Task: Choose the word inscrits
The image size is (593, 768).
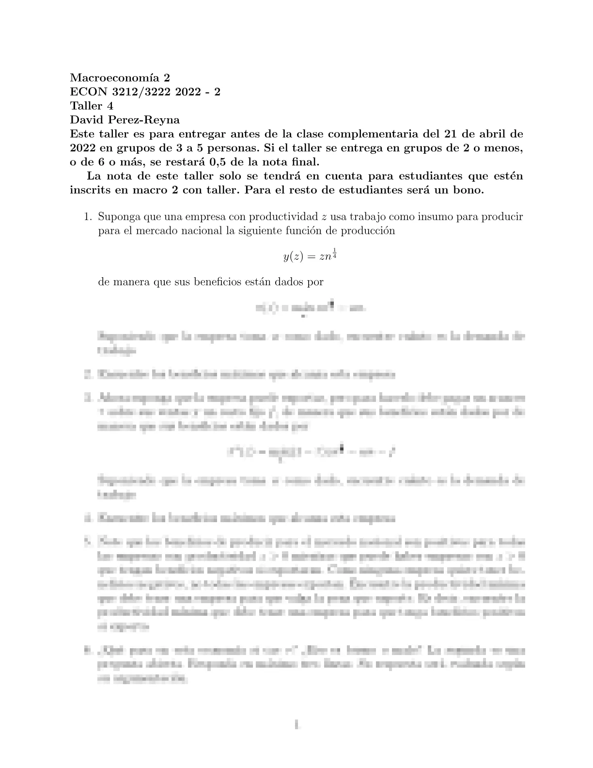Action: click(x=90, y=190)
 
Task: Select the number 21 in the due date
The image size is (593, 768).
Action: click(x=448, y=134)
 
